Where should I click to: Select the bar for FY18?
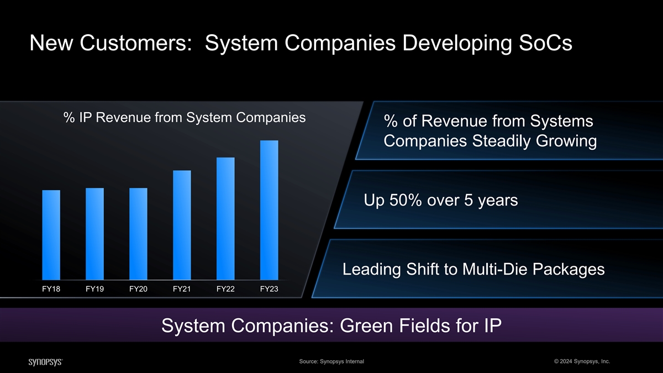51,235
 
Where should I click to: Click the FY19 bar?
94,234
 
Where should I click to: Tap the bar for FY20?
138,234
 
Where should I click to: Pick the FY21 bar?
182,225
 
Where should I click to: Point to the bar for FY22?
225,218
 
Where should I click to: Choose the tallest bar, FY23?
269,210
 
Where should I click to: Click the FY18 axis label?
51,289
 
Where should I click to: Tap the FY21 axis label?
182,289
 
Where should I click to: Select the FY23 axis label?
269,289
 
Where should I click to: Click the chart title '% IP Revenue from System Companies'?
185,118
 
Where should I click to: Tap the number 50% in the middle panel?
406,200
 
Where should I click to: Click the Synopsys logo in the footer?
45,362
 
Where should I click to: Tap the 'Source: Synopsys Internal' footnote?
331,361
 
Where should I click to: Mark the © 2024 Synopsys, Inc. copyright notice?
582,361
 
